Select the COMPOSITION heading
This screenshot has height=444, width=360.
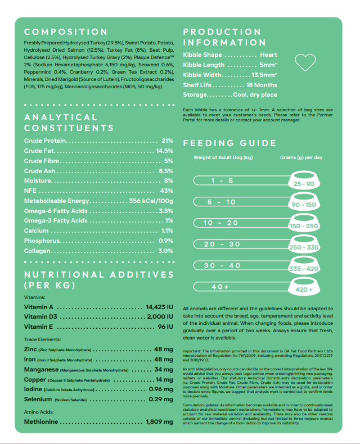(66, 32)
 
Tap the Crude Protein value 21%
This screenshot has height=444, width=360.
(167, 141)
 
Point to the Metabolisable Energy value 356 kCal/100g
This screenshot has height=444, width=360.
(151, 201)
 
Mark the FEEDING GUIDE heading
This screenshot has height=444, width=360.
(230, 143)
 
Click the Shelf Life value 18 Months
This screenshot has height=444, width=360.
(262, 85)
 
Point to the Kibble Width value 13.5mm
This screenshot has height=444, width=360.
(263, 75)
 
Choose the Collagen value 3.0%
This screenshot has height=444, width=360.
(165, 251)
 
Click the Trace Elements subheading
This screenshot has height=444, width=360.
(43, 339)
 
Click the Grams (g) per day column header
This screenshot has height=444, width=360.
(301, 158)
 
